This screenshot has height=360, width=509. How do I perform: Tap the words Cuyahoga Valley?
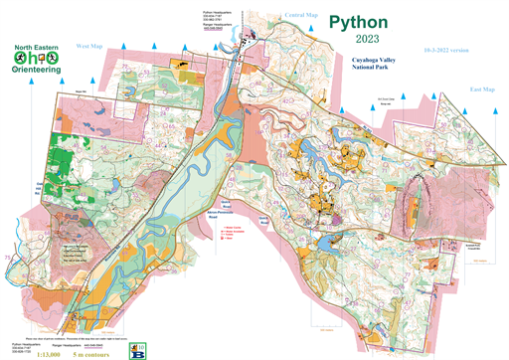coord(359,60)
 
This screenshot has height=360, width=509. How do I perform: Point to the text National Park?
coord(359,69)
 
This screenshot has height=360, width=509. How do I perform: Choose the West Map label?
coord(89,46)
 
